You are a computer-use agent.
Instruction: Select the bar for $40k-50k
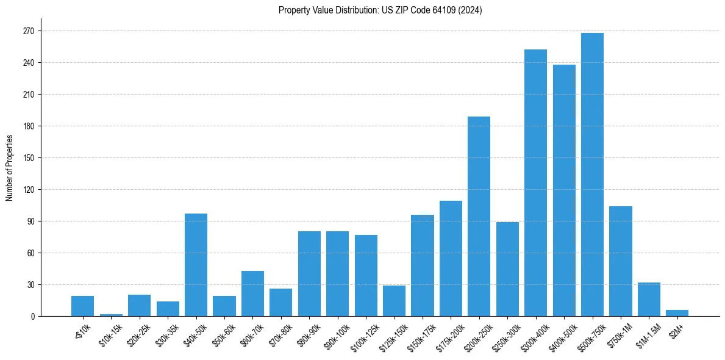coord(196,265)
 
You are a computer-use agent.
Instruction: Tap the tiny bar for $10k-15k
coord(111,315)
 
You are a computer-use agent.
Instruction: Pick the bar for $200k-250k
coord(479,216)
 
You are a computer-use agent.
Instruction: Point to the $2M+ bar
coord(677,313)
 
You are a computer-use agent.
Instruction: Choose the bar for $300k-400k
coord(535,183)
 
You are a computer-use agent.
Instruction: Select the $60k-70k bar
coord(252,293)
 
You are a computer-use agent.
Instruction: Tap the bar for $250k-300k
coord(507,269)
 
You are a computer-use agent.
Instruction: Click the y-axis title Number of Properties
coord(9,168)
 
